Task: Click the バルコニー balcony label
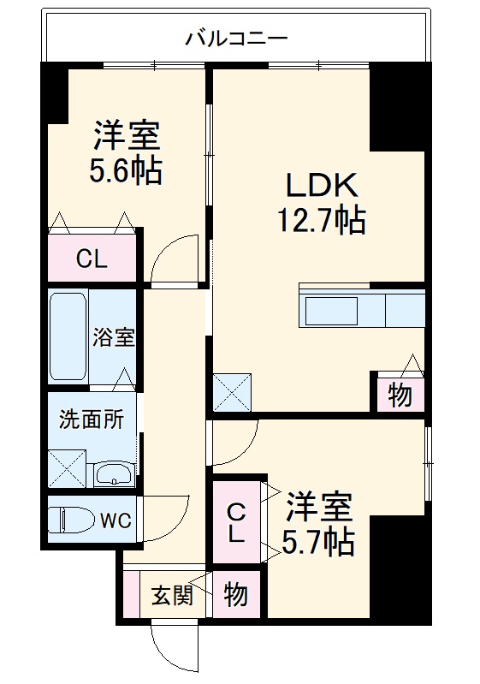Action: coord(236,39)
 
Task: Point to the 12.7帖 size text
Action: coord(320,221)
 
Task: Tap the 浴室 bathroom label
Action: coord(114,336)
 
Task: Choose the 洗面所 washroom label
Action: coord(92,419)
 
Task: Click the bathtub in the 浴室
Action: coord(68,336)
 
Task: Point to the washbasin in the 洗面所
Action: coord(113,474)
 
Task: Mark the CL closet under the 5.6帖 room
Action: coord(92,258)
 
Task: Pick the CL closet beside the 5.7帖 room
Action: coord(236,523)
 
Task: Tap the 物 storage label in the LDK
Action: coord(400,396)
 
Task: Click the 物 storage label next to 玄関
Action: coord(235,594)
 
